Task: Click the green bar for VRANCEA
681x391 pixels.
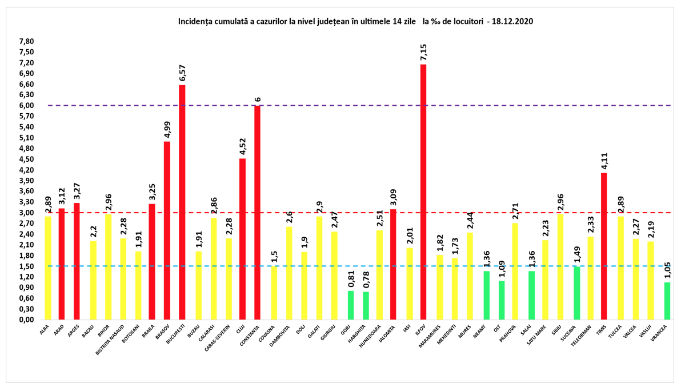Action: click(667, 301)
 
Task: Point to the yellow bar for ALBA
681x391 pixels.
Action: click(47, 268)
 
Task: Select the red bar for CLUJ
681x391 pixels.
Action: click(242, 238)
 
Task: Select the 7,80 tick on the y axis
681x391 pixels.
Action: click(26, 42)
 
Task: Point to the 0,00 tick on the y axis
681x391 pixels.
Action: click(26, 320)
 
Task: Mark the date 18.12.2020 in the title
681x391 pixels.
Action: click(512, 22)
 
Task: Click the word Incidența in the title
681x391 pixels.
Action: click(195, 22)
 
